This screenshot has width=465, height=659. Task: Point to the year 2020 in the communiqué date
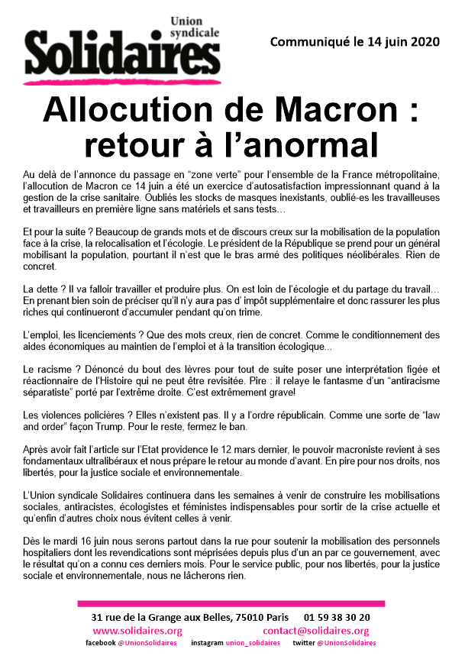tap(425, 42)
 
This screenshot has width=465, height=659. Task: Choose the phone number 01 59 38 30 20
tap(337, 617)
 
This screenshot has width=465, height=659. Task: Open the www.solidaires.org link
tap(137, 631)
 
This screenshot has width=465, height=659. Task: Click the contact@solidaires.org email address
tap(315, 631)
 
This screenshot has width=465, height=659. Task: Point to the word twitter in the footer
tap(303, 644)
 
